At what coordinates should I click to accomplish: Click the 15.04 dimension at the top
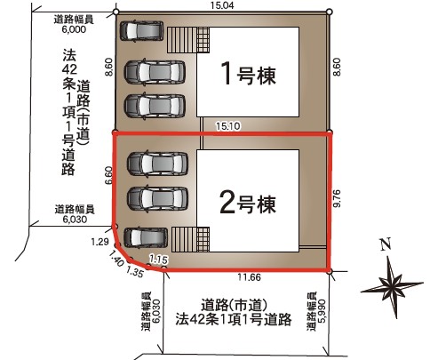222,5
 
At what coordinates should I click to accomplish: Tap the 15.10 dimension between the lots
227,126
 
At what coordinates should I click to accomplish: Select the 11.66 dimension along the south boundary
250,277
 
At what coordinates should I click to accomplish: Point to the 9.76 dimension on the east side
338,198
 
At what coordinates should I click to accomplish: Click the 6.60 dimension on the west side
108,175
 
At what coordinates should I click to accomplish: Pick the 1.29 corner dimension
100,242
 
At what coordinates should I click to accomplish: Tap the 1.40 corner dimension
116,258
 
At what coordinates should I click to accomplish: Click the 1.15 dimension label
158,260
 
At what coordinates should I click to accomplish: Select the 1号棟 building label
248,74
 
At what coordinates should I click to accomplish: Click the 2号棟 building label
248,204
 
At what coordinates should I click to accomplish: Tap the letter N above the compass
386,244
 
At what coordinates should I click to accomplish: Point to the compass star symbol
392,286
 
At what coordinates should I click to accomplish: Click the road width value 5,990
323,311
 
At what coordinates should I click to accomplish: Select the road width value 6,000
74,29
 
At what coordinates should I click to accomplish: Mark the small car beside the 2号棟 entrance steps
146,237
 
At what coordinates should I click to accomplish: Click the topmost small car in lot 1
141,30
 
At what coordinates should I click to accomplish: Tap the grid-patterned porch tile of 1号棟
203,40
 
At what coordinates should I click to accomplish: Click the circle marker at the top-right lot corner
330,12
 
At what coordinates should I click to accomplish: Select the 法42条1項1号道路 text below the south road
234,319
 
